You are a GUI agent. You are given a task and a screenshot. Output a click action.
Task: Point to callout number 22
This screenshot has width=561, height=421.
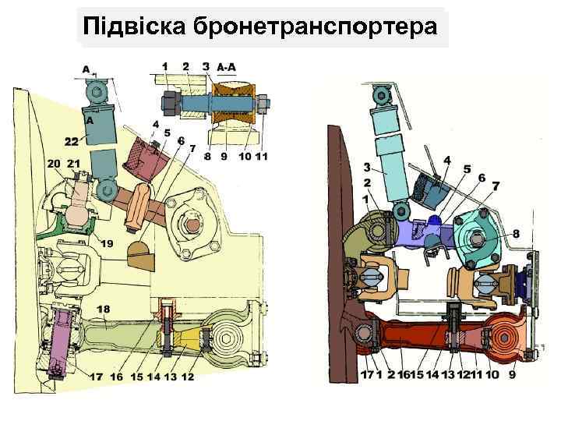pos(71,141)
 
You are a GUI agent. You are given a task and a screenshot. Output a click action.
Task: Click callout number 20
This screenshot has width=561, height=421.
pos(54,163)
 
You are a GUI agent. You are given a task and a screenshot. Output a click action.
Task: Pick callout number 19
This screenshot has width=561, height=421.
pos(106,244)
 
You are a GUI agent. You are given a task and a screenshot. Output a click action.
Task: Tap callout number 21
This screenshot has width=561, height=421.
pos(75,163)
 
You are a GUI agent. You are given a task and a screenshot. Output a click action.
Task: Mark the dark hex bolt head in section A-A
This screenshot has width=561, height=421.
pos(168,102)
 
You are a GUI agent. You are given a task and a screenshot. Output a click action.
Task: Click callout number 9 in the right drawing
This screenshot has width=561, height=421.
pos(512,375)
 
